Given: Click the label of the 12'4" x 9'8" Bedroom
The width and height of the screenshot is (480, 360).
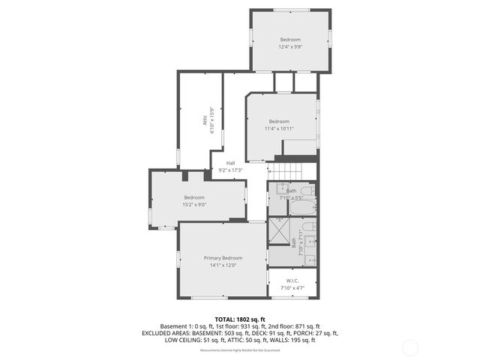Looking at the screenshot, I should (x=290, y=39).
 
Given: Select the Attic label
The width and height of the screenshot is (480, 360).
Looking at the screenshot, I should (x=203, y=121).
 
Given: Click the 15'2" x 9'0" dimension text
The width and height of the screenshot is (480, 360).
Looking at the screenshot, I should (x=194, y=204).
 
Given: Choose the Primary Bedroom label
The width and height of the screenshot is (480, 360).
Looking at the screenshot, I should (x=223, y=257).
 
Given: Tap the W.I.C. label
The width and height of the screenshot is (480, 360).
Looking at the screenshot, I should (x=292, y=281).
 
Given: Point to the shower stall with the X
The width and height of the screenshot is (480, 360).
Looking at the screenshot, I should (x=280, y=232).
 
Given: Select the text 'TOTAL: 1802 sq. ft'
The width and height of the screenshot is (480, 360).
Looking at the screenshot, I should (x=239, y=319).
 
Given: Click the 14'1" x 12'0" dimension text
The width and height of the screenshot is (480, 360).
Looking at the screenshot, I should (x=223, y=265).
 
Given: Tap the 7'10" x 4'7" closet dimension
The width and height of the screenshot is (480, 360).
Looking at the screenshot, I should (x=292, y=288).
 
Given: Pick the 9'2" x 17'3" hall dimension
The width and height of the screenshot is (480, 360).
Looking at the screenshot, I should (x=230, y=170).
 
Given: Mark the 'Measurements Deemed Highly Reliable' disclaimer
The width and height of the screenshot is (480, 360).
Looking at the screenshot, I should (x=239, y=350).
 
